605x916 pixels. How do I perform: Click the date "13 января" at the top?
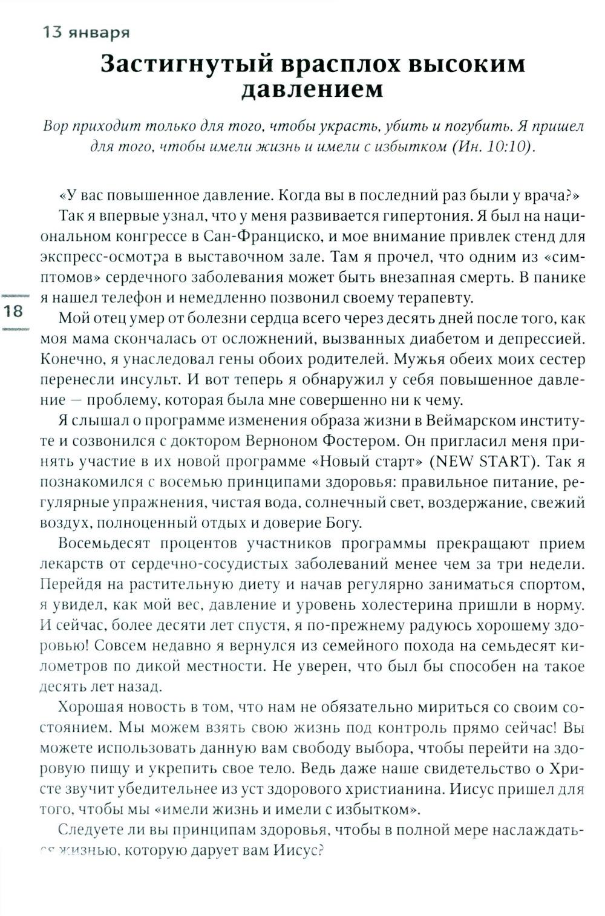(x=85, y=33)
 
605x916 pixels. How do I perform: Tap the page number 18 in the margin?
(x=13, y=312)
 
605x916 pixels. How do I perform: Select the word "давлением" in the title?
(x=312, y=90)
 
